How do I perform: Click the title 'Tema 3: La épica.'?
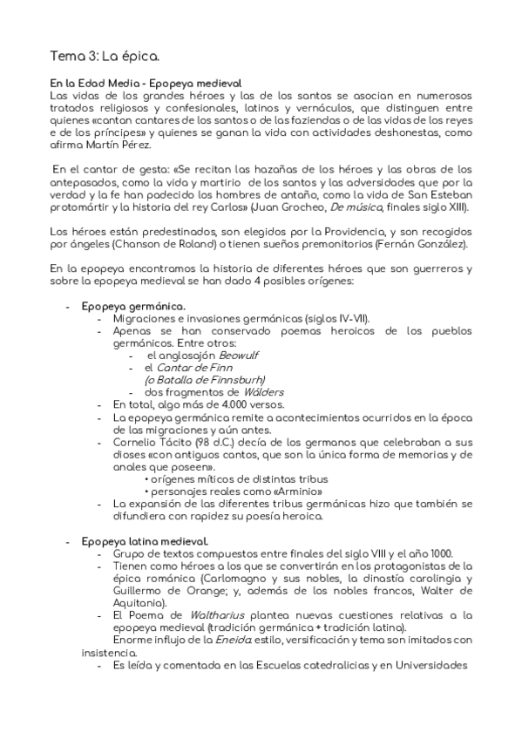[x=105, y=58]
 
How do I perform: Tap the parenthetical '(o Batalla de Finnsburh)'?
[x=204, y=380]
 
